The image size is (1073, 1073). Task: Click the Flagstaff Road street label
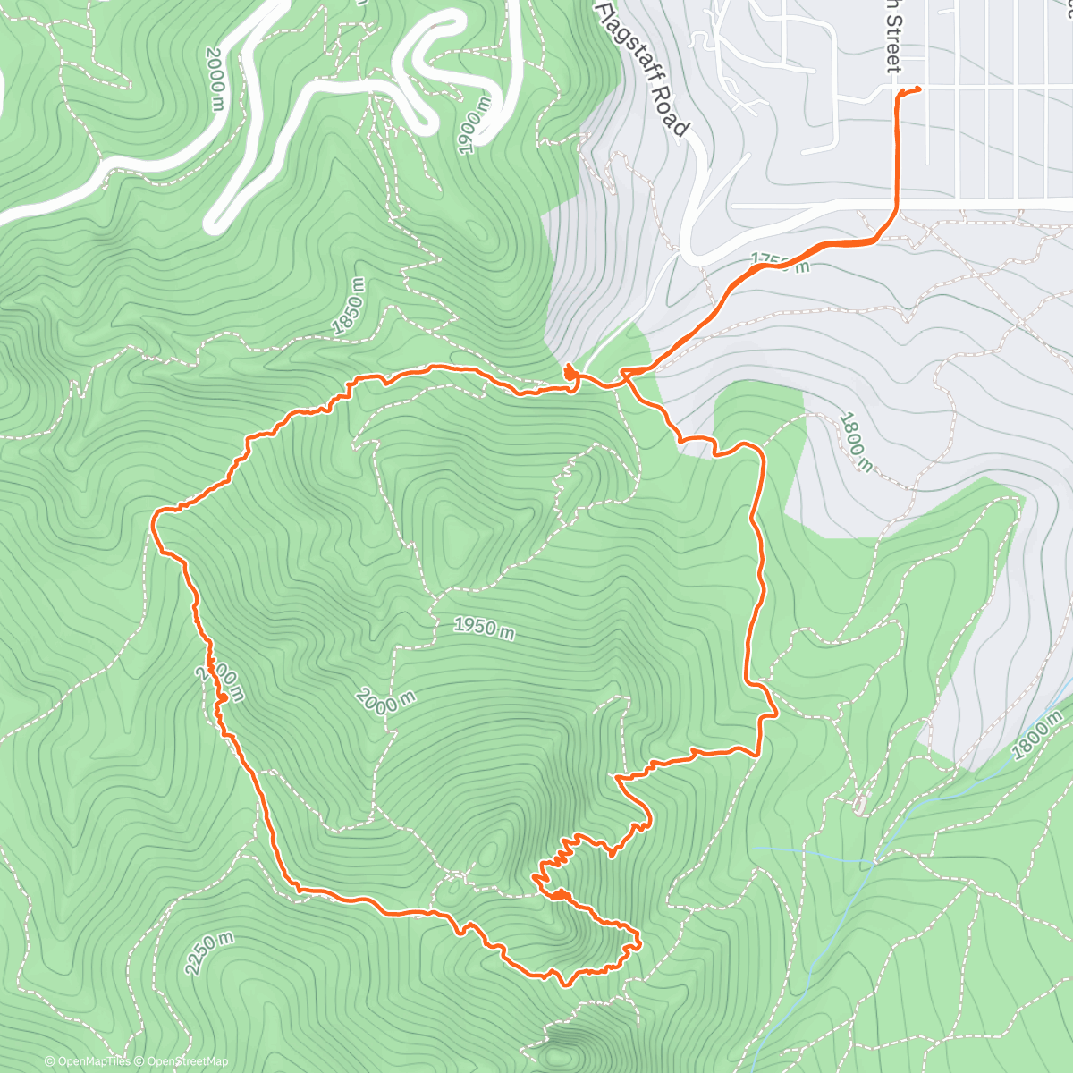pyautogui.click(x=641, y=68)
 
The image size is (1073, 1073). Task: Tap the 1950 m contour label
pyautogui.click(x=484, y=627)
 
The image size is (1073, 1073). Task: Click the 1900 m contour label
pyautogui.click(x=473, y=126)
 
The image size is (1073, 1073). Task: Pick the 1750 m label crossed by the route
pyautogui.click(x=780, y=262)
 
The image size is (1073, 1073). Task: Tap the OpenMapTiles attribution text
pyautogui.click(x=87, y=1061)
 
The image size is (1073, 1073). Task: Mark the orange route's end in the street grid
pyautogui.click(x=918, y=88)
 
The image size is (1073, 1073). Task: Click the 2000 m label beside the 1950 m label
pyautogui.click(x=384, y=700)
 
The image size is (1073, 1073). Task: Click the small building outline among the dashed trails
pyautogui.click(x=859, y=805)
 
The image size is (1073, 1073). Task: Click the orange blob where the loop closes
pyautogui.click(x=570, y=372)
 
